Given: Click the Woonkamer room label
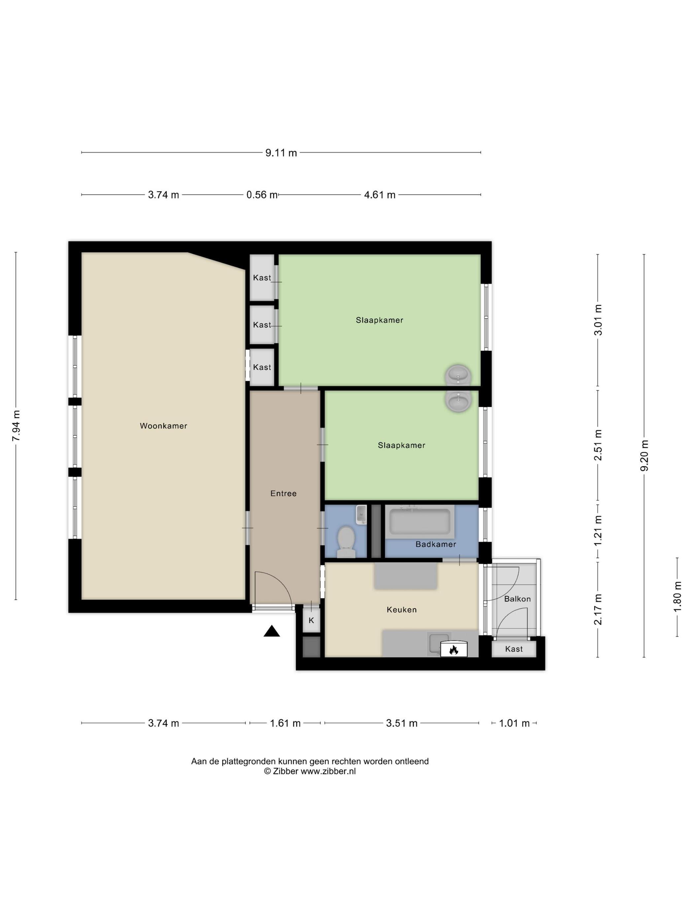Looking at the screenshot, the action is coord(163,426).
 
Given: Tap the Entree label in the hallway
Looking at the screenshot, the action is coord(283,493).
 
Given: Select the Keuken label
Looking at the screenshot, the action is coord(401,610).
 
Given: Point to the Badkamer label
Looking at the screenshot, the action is coord(436,544).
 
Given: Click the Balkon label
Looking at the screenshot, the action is coord(517,599).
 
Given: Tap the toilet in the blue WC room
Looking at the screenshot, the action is coord(346,542).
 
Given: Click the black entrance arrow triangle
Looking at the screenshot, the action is coord(272,631).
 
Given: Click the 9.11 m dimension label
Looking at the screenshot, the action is coord(281,153).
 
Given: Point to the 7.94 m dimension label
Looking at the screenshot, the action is coord(16,426).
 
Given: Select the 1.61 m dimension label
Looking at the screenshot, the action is coord(285,723).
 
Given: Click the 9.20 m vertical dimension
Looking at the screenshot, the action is coord(644,455).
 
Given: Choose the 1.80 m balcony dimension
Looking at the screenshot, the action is coord(677,597).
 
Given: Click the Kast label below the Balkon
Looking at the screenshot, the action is coord(514,649).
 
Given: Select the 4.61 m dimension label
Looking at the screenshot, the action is coord(380,195).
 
